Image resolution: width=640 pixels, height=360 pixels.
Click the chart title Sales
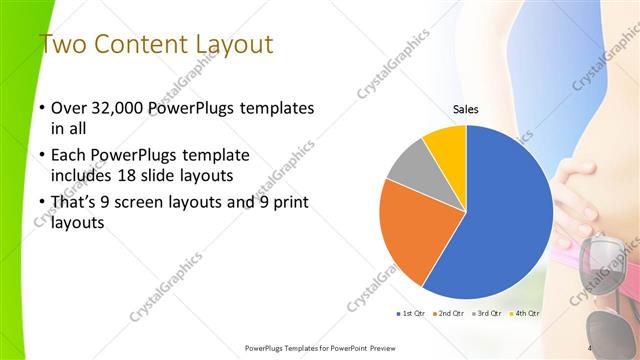coord(466,110)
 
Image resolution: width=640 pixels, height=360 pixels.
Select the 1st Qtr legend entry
coord(411,314)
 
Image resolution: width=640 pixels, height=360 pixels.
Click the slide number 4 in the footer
coord(589,347)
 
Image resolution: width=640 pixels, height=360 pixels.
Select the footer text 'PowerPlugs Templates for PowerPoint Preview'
coord(314,348)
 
